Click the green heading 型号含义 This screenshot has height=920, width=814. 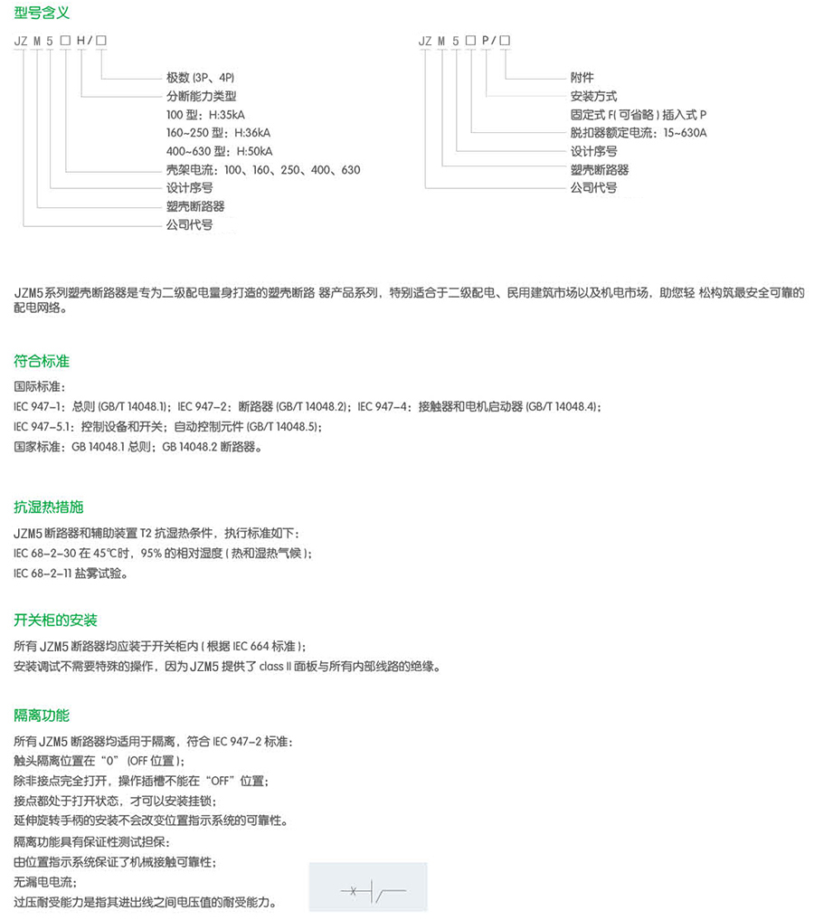pos(42,13)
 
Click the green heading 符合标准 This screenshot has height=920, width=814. pos(42,361)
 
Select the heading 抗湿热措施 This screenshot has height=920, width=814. pos(48,507)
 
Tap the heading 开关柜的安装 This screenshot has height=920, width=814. pos(55,620)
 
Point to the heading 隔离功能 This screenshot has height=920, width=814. pos(42,715)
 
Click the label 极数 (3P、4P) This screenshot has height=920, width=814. pos(194,78)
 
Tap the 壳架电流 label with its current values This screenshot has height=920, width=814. pos(263,170)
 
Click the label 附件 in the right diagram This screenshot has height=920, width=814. pos(582,78)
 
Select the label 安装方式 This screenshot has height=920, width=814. pos(594,96)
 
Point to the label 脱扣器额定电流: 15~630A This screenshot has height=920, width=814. pos(639,133)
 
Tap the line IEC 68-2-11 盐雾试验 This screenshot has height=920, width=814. pos(71,574)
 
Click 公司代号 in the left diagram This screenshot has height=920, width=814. pos(189,225)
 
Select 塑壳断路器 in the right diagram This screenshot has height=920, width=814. pos(600,170)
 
